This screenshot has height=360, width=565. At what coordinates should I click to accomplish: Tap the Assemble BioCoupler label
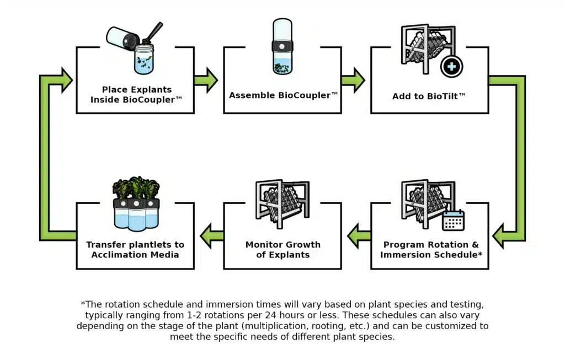[x=283, y=95]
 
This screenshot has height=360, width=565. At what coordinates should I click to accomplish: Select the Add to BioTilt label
[x=429, y=96]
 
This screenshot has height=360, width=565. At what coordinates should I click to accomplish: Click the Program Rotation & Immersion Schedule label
[x=431, y=249]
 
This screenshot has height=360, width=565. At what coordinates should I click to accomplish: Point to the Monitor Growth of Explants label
[x=282, y=249]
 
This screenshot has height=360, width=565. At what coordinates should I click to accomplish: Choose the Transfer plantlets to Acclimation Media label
[x=135, y=249]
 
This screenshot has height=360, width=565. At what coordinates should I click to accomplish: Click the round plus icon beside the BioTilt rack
[x=452, y=67]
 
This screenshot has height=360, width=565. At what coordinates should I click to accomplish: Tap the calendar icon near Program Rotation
[x=454, y=221]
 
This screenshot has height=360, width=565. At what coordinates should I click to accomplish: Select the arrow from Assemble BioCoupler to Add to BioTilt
[x=353, y=80]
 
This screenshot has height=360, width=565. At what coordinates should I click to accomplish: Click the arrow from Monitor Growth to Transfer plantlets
[x=211, y=235]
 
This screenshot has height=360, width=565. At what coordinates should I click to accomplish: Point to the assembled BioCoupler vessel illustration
[x=283, y=47]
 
